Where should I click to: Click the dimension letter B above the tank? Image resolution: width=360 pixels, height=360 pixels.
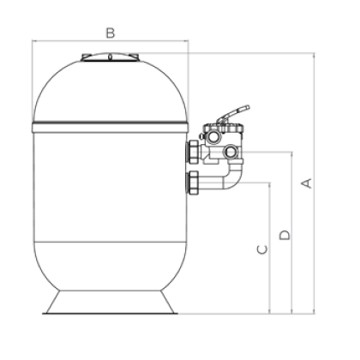(111, 33)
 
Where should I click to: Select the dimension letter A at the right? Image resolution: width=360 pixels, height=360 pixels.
(307, 183)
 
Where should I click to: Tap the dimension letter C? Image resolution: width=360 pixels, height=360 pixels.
(262, 249)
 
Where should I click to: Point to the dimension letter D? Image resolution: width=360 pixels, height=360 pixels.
(285, 235)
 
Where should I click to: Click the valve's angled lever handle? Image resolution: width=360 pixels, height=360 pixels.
(233, 114)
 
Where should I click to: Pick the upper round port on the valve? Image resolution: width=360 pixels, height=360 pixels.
(213, 136)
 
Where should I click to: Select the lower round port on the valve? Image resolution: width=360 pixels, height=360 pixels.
(231, 152)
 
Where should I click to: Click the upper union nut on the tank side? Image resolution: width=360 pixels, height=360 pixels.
(193, 152)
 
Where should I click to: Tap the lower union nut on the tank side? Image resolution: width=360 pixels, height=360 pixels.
(193, 183)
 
